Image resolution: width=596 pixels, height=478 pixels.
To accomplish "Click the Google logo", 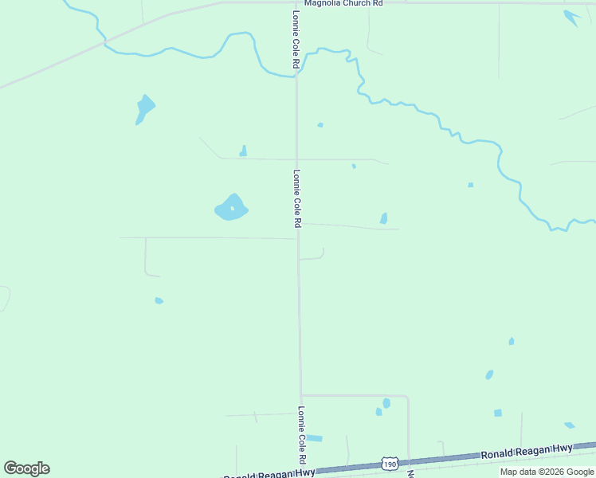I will pyautogui.click(x=26, y=468).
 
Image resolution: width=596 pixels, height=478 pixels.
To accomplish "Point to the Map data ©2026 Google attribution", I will pyautogui.click(x=547, y=472).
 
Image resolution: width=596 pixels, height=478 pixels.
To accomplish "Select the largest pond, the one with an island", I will pyautogui.click(x=231, y=209).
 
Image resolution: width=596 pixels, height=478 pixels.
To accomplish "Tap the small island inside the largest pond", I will pyautogui.click(x=232, y=209).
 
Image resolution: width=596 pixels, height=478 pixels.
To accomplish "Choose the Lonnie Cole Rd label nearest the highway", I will pyautogui.click(x=302, y=436).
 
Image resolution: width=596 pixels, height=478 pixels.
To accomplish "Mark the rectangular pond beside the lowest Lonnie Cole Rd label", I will pyautogui.click(x=315, y=438).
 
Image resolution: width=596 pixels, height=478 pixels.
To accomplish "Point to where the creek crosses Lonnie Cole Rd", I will pyautogui.click(x=296, y=76).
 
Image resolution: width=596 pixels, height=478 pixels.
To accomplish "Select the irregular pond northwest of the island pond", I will pyautogui.click(x=144, y=108).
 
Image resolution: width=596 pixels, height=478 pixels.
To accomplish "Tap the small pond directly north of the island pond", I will pyautogui.click(x=243, y=151).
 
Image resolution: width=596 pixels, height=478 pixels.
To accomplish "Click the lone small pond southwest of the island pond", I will pyautogui.click(x=159, y=300).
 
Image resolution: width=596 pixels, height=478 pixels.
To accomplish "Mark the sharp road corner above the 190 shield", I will pyautogui.click(x=407, y=396).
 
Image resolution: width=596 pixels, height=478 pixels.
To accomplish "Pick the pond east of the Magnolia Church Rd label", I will pyautogui.click(x=571, y=17).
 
